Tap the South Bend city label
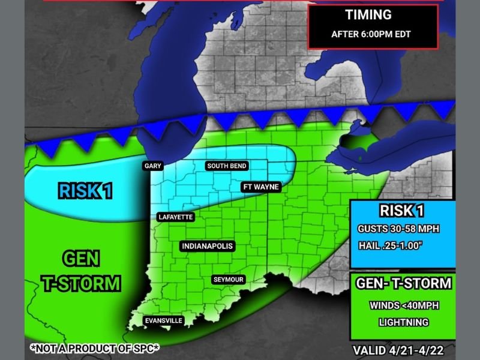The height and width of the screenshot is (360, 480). point(227,166)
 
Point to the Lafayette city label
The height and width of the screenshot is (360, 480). point(175,217)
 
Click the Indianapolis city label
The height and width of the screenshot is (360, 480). point(207,246)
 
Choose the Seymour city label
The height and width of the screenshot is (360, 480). point(228,280)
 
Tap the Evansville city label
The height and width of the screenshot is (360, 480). point(163,321)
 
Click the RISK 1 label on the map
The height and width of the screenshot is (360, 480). point(86,191)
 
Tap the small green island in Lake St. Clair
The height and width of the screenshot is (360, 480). point(359,158)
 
